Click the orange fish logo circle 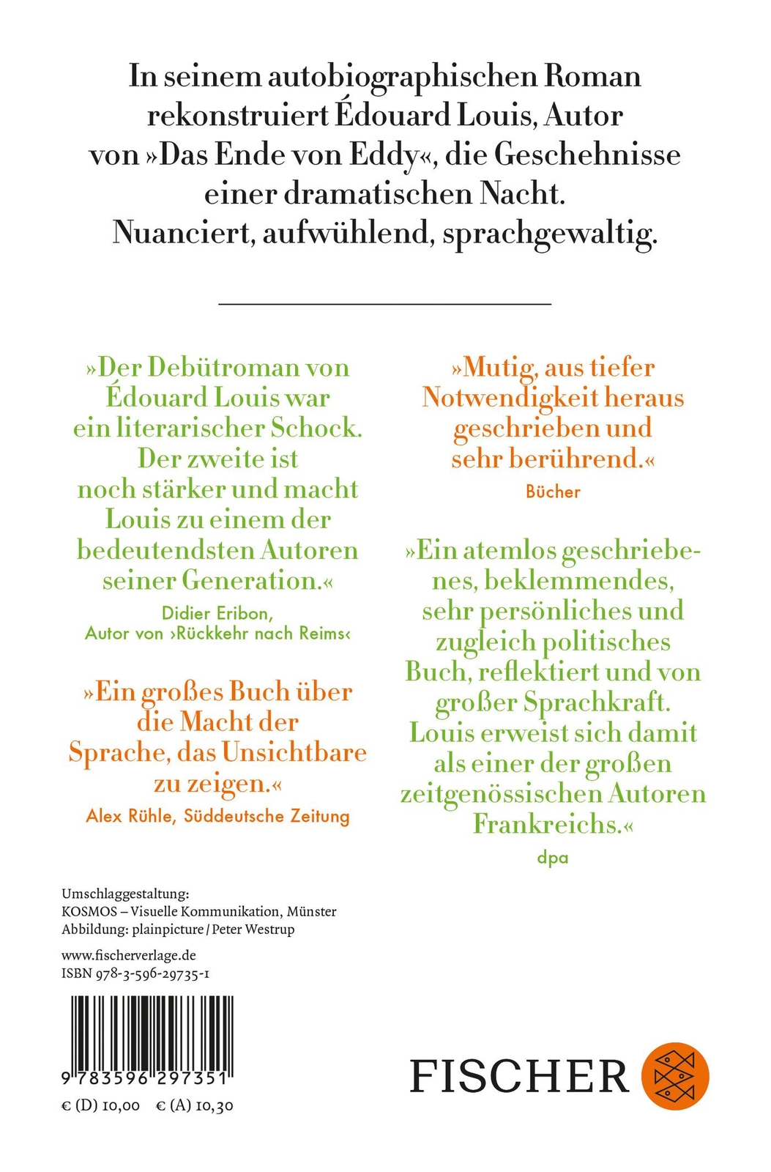pyautogui.click(x=675, y=1075)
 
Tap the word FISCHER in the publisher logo pyautogui.click(x=519, y=1076)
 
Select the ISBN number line pyautogui.click(x=137, y=973)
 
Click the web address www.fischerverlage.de pyautogui.click(x=129, y=955)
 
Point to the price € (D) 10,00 pyautogui.click(x=100, y=1105)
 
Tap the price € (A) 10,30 pyautogui.click(x=195, y=1105)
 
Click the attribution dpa pyautogui.click(x=553, y=857)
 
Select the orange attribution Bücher pyautogui.click(x=553, y=492)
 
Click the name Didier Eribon pyautogui.click(x=217, y=613)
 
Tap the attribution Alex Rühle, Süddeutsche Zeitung pyautogui.click(x=217, y=815)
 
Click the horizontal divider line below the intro pyautogui.click(x=385, y=303)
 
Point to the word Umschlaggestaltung pyautogui.click(x=125, y=894)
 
